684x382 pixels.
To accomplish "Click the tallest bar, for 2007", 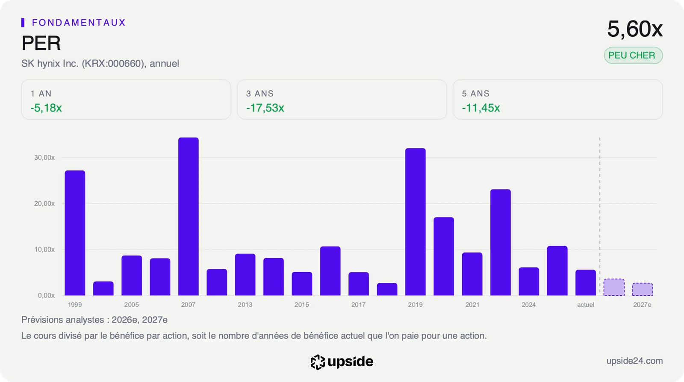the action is [189, 216].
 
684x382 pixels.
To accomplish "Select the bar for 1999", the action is [75, 233].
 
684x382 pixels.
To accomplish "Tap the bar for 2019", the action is [415, 222].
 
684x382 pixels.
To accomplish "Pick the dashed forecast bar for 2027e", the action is [643, 289].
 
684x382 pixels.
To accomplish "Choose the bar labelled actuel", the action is [586, 282].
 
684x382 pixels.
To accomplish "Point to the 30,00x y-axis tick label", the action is [44, 157].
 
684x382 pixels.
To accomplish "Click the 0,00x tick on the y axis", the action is [46, 295].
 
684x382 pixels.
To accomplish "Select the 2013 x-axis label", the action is [245, 305].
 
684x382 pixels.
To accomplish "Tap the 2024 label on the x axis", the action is [528, 305].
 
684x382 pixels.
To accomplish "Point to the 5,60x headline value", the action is [635, 29].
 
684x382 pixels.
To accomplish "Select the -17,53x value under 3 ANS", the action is [265, 108].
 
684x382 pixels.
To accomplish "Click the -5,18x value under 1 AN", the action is [46, 108].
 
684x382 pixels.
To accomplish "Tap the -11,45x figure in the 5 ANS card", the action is [481, 108].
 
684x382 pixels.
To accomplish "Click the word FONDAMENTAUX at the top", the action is [79, 23].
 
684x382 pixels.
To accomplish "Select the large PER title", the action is [41, 43].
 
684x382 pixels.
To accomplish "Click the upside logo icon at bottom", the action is [318, 362].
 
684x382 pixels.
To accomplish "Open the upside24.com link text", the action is [634, 361].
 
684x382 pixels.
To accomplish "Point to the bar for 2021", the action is [472, 274].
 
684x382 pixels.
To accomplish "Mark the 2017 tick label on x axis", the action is [359, 305].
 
